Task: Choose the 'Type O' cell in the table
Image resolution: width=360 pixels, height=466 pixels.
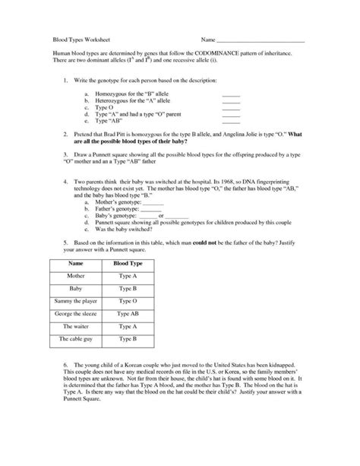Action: pos(127,302)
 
